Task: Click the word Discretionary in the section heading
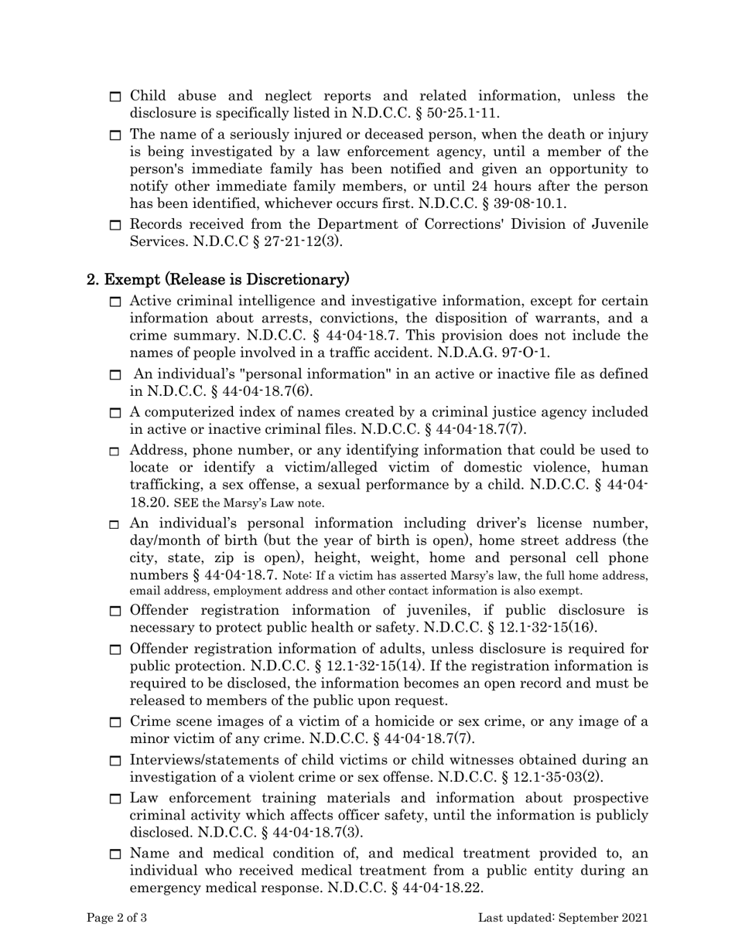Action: click(301, 278)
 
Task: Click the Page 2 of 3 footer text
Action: click(117, 919)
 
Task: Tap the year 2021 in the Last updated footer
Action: click(632, 919)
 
